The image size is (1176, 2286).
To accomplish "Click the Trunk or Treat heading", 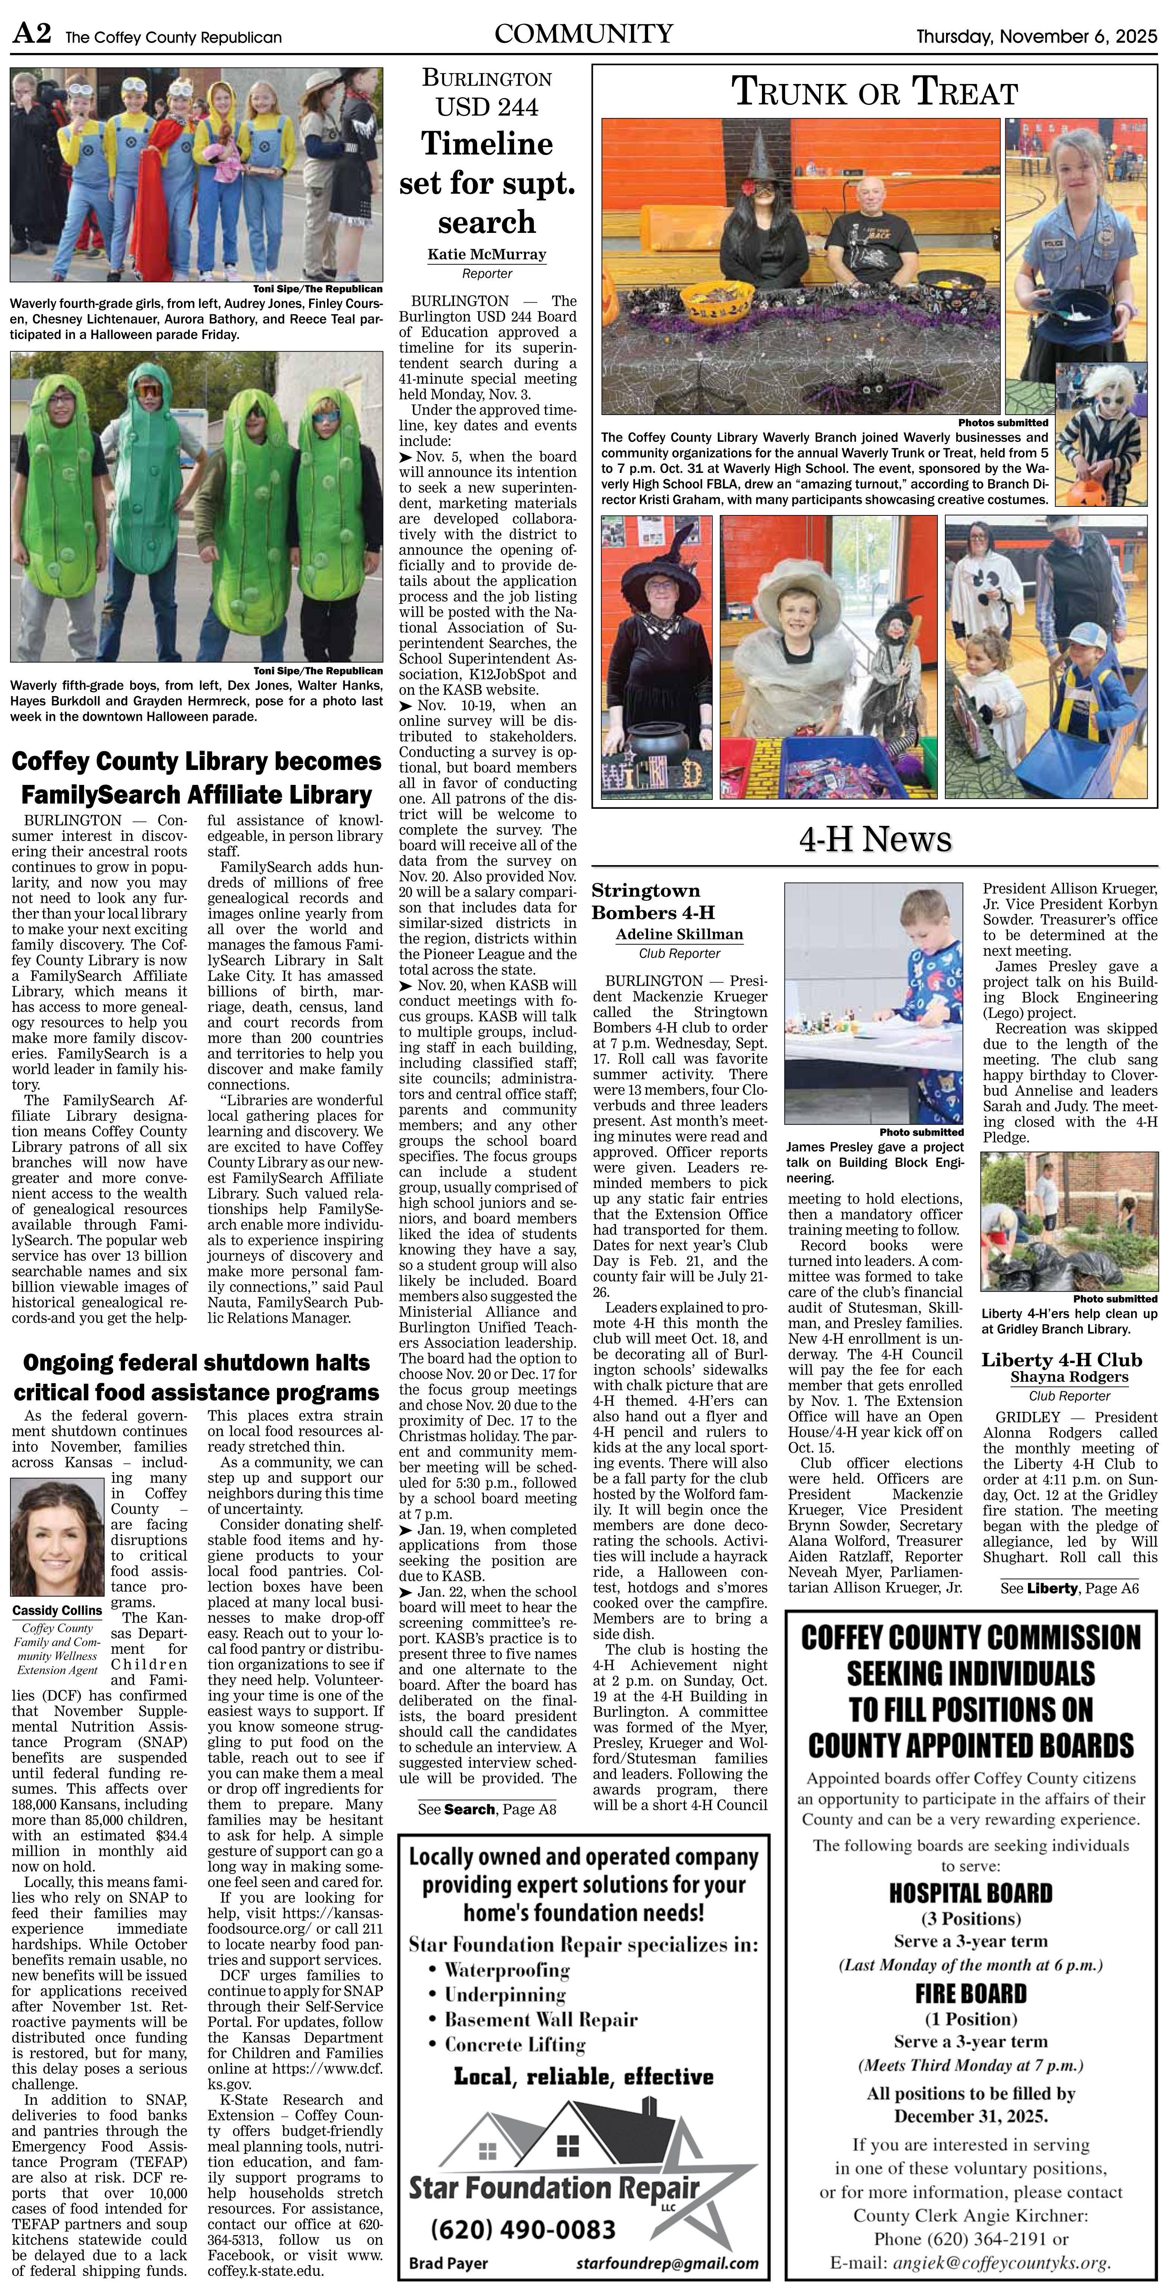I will tap(874, 91).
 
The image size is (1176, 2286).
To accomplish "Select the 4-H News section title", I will tap(875, 839).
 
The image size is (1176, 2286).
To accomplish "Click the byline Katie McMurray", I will tap(486, 254).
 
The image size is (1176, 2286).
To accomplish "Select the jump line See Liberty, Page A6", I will tap(1068, 1588).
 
